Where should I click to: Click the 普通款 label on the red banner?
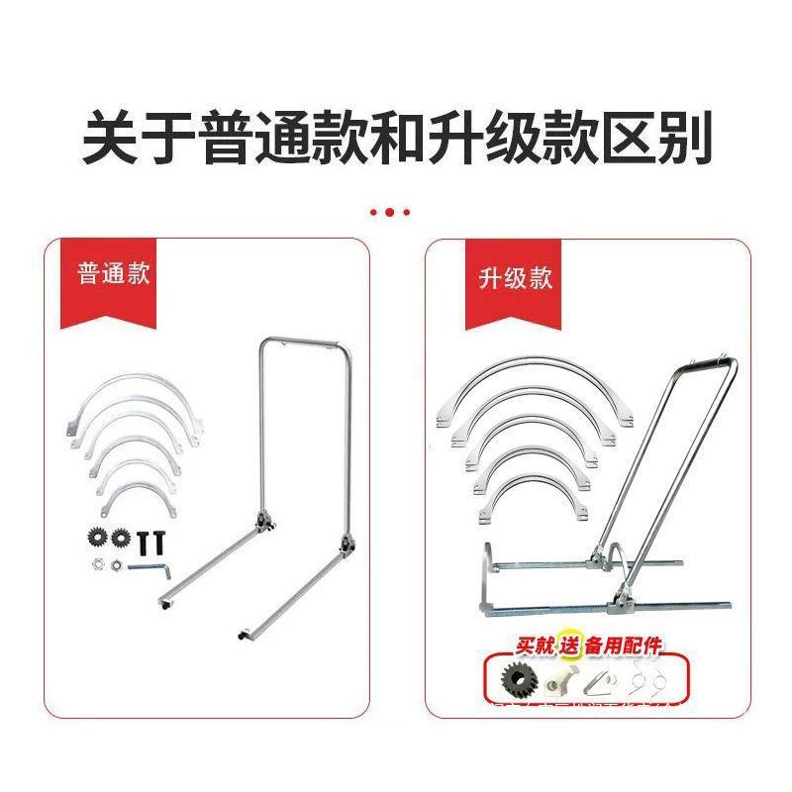click(x=115, y=274)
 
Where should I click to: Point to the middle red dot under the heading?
click(x=389, y=212)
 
